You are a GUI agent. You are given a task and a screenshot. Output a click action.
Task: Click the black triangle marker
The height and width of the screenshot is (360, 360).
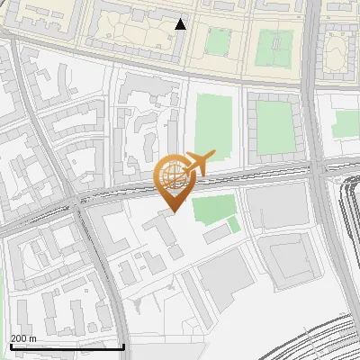pos(181,24)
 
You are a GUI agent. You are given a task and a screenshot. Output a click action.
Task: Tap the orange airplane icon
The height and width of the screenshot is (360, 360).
pos(198,163)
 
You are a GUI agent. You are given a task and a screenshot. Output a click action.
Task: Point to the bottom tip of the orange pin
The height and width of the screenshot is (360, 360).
pos(173,211)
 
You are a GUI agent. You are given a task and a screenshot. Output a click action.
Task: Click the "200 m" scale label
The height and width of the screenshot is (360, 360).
pos(23,337)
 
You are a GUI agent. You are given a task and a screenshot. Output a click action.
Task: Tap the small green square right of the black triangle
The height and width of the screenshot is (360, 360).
pos(216,41)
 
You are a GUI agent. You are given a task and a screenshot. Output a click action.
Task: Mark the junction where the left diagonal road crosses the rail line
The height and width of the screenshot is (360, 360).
pos(81,200)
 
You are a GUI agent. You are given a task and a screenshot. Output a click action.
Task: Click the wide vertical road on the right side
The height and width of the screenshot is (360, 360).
pos(316,90)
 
